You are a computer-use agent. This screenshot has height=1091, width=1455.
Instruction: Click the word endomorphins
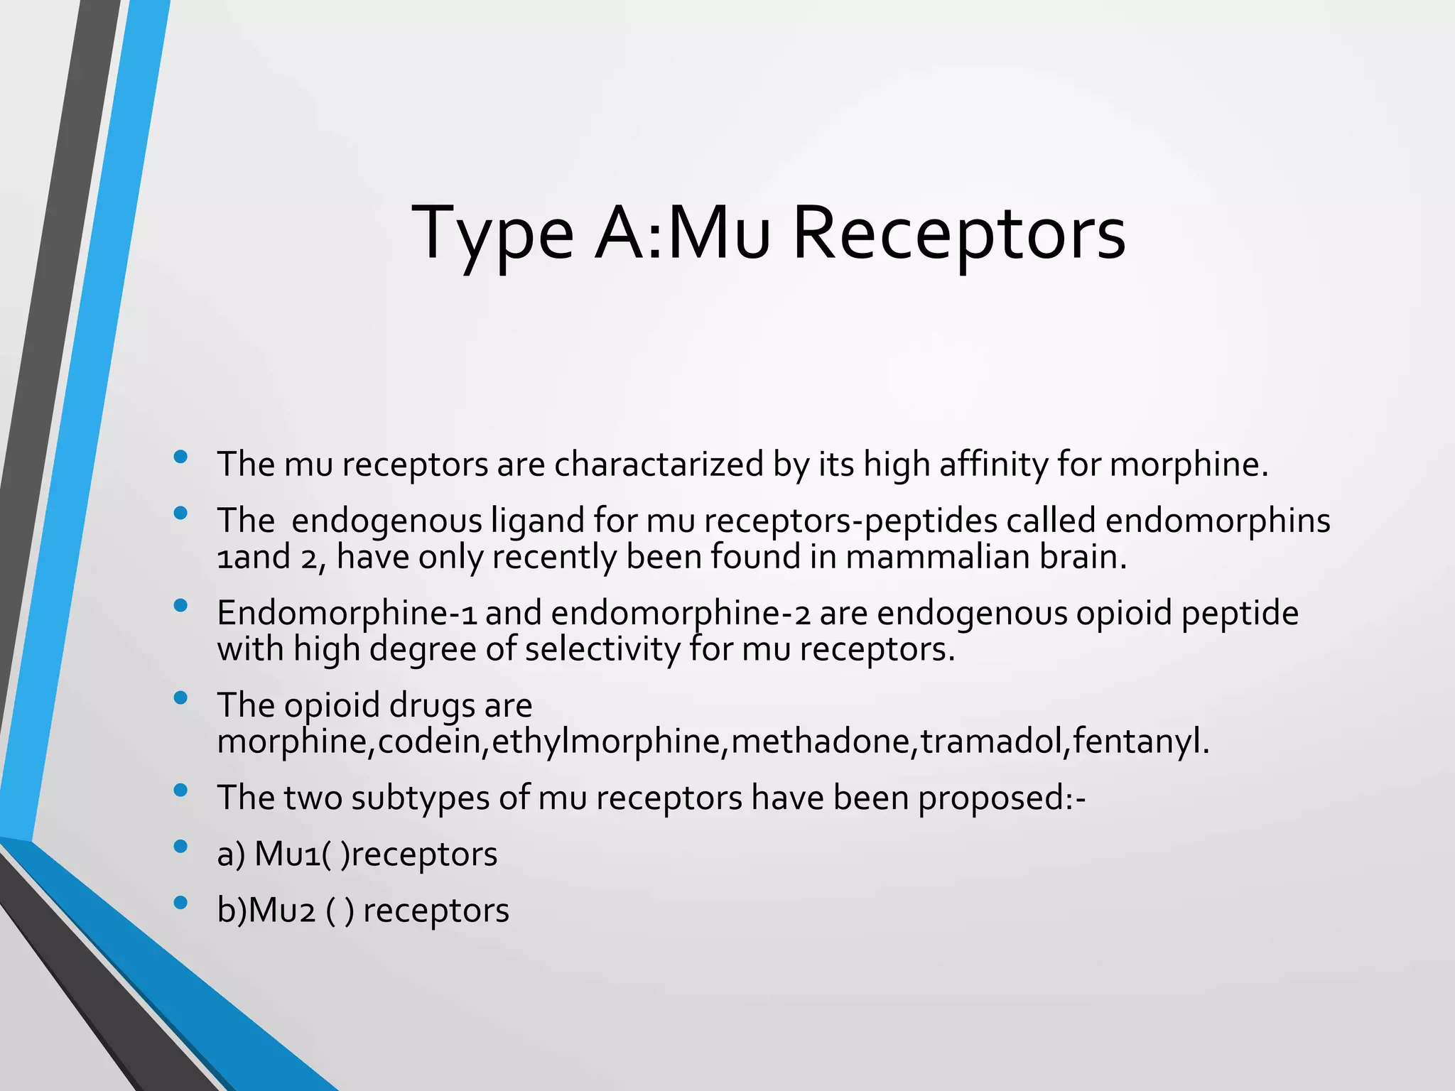point(1217,521)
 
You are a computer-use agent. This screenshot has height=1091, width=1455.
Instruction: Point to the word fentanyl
point(1140,742)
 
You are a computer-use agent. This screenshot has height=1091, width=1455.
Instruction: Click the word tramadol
point(992,742)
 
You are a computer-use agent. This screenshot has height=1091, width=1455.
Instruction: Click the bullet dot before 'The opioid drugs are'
point(180,698)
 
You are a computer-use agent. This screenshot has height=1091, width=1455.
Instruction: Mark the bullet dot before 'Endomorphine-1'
point(180,605)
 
